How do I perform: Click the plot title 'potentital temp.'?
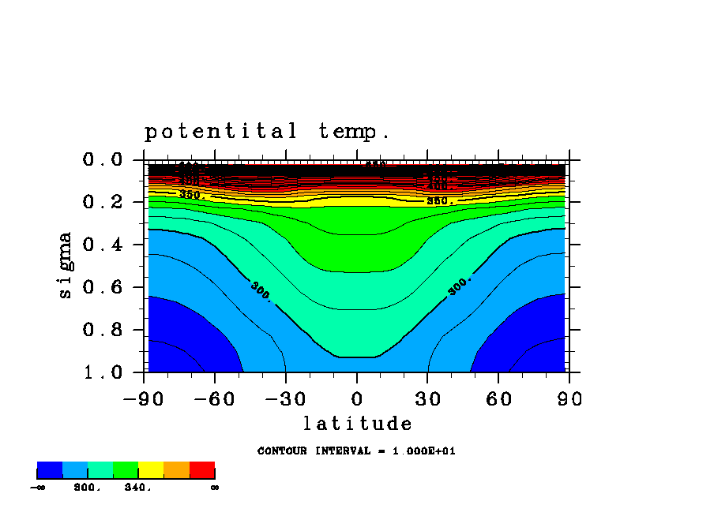tap(267, 131)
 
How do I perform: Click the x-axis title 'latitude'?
tap(357, 424)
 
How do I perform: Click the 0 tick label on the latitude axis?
tap(357, 399)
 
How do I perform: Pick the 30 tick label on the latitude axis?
tap(428, 399)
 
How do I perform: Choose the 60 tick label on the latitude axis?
tap(499, 399)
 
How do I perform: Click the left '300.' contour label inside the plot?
tap(261, 291)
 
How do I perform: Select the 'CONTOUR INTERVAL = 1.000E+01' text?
tap(356, 451)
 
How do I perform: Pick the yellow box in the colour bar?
tap(151, 470)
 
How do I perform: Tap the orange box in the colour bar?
tap(176, 470)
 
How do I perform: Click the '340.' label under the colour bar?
tap(137, 488)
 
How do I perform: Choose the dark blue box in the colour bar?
tap(50, 470)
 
